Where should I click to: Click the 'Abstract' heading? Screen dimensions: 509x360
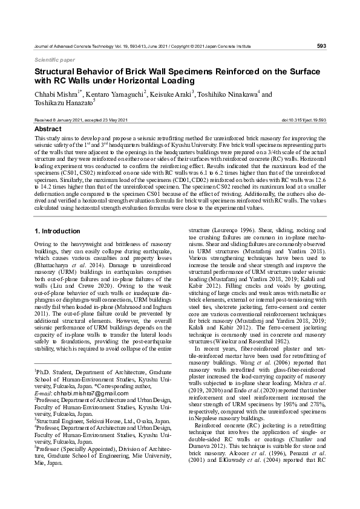tap(48, 129)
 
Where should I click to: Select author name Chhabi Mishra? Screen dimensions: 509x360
tap(59, 95)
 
